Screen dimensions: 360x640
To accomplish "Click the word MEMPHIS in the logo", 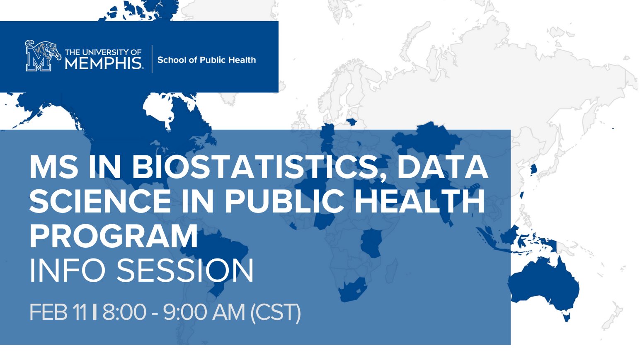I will pyautogui.click(x=104, y=63).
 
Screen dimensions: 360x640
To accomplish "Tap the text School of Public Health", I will pyautogui.click(x=206, y=60).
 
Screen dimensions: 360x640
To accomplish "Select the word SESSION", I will pyautogui.click(x=185, y=271).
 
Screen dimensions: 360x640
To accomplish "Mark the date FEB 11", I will pyautogui.click(x=58, y=312).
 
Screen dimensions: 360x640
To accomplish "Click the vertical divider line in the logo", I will pyautogui.click(x=152, y=59).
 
